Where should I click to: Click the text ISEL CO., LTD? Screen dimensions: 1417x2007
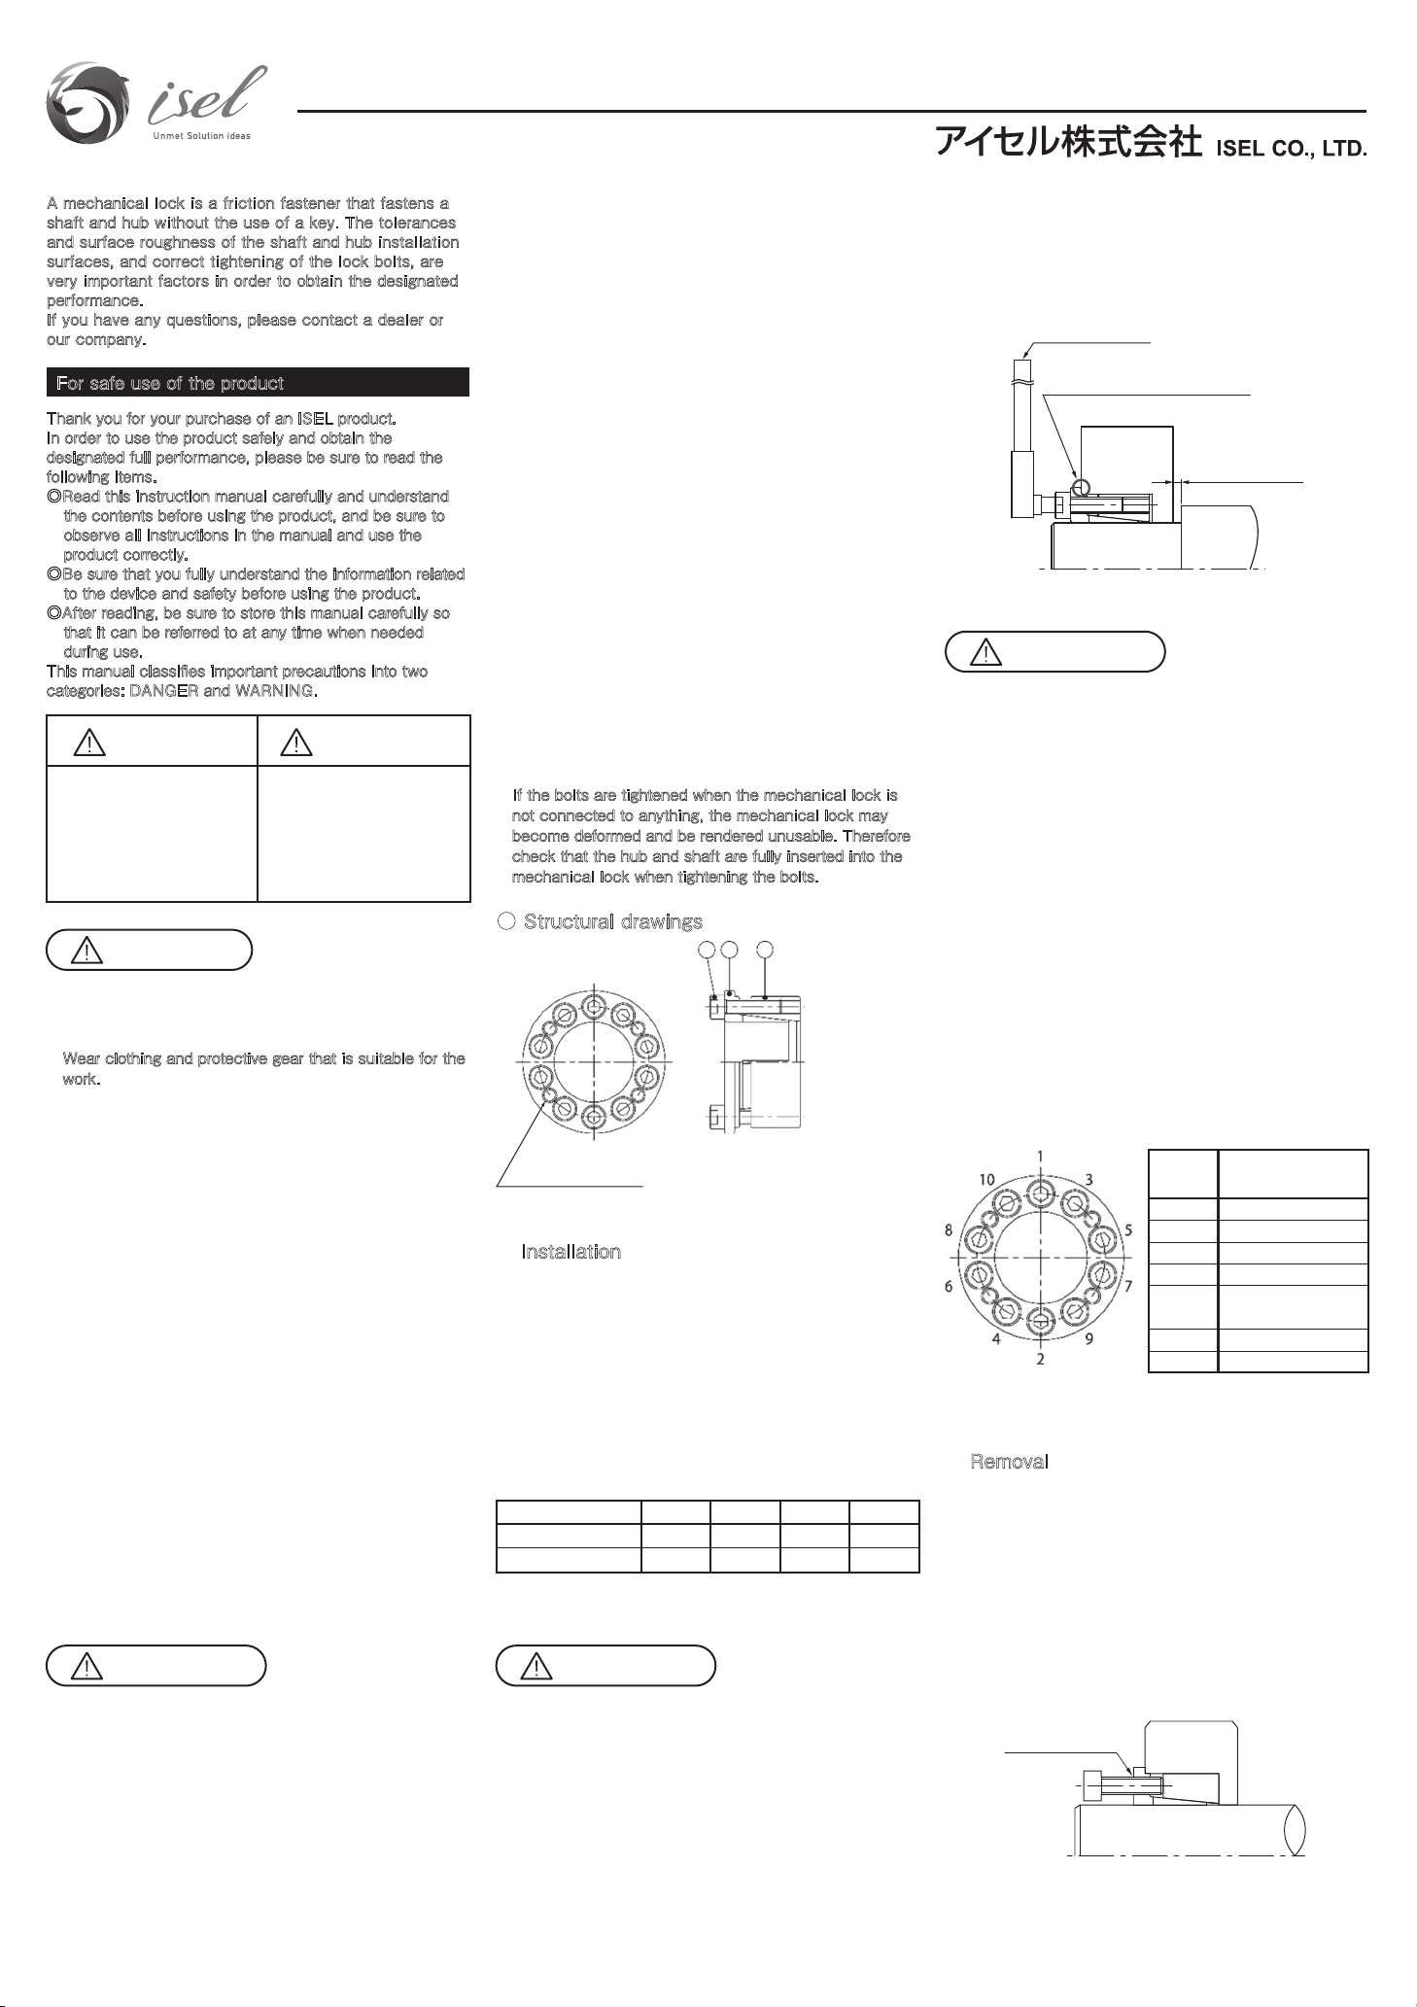1293,151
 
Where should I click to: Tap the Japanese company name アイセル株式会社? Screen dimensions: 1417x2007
1068,144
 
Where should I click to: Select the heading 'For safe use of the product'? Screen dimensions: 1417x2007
170,383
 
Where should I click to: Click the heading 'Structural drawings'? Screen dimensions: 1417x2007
612,921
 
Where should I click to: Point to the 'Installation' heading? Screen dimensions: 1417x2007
571,1252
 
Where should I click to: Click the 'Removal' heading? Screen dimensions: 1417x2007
1009,1462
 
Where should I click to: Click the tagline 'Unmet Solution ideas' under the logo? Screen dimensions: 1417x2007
201,135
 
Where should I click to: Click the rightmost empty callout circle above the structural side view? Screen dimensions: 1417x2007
765,950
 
